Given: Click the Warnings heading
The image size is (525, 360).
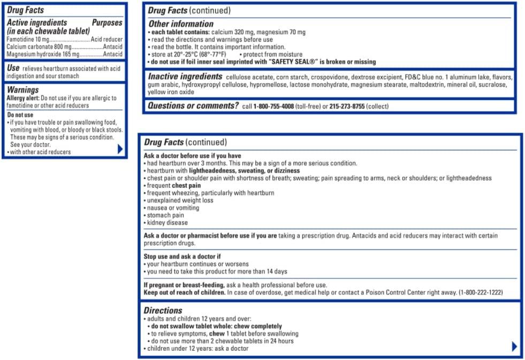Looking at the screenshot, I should (x=22, y=90).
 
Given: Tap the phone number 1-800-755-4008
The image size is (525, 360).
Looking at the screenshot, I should (x=273, y=106).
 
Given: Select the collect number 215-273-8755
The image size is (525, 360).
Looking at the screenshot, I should (x=347, y=106).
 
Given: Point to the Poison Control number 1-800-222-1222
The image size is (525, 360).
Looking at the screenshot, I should (x=481, y=293).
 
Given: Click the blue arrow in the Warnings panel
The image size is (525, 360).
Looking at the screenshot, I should (x=120, y=149).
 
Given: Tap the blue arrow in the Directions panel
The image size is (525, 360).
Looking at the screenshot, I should (x=514, y=346).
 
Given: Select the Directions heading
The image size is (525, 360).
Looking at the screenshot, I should (x=163, y=310).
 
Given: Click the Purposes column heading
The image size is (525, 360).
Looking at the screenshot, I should (x=107, y=23).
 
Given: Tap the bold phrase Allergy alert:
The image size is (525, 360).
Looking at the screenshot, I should (x=22, y=98).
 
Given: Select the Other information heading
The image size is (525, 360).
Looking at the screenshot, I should (x=180, y=24).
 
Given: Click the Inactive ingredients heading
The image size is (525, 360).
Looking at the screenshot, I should (x=185, y=76).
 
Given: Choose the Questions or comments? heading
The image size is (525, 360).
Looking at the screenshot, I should (x=193, y=106).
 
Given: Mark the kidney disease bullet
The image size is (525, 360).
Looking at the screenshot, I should (x=167, y=223).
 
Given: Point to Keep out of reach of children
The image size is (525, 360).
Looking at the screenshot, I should (x=185, y=293).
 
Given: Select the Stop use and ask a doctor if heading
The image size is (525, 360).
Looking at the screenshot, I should (x=182, y=256).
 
